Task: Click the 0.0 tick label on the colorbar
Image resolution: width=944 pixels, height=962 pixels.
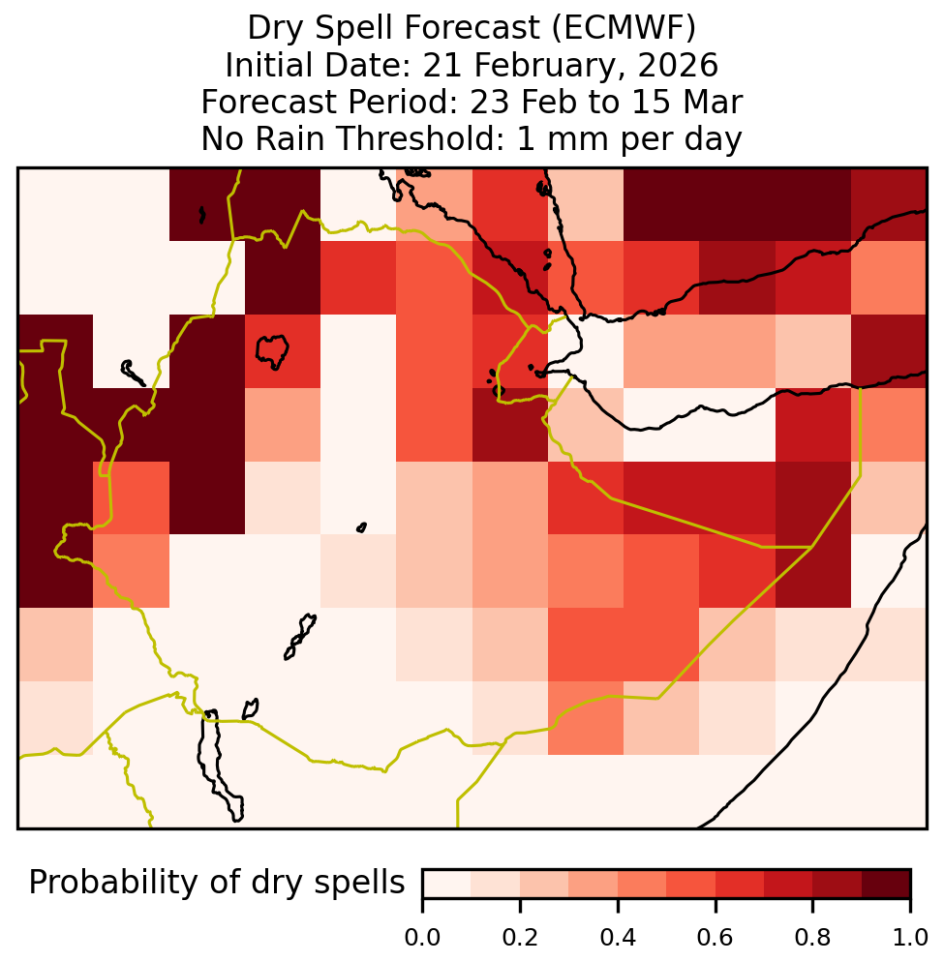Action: [x=422, y=938]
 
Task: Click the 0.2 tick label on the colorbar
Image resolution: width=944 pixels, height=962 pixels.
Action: [x=520, y=938]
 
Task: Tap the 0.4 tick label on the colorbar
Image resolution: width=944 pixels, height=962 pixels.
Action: [x=618, y=938]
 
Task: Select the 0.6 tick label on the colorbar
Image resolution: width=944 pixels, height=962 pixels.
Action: [x=716, y=938]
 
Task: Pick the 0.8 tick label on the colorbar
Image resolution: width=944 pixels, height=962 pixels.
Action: [x=812, y=938]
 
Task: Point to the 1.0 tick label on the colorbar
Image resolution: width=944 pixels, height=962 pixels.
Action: [x=910, y=938]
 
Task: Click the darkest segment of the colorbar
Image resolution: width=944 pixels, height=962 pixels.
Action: [x=886, y=884]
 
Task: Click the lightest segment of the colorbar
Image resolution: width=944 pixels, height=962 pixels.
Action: [x=447, y=884]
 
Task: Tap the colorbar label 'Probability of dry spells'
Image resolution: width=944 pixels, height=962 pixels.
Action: [x=217, y=884]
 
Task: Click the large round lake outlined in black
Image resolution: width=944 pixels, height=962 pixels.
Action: [x=272, y=351]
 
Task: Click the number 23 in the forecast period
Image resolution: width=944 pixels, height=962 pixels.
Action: [x=490, y=102]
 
